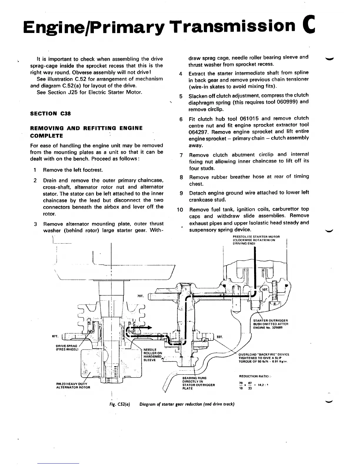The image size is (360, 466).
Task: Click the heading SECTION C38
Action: pos(51,114)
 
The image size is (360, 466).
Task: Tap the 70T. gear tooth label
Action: pos(140,296)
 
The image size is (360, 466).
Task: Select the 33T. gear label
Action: pos(219,337)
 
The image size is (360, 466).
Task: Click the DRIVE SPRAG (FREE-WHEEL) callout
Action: pos(66,347)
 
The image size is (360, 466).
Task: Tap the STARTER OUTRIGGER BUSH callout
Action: pos(271,324)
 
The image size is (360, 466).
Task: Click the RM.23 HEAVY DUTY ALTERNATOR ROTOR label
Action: pos(73,385)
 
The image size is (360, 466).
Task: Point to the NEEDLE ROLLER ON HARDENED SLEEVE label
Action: pos(153,355)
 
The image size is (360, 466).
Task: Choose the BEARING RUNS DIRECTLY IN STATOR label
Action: pos(199,383)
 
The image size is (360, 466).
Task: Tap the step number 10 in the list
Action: pos(180,210)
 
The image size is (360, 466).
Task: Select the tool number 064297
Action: pos(200,132)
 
